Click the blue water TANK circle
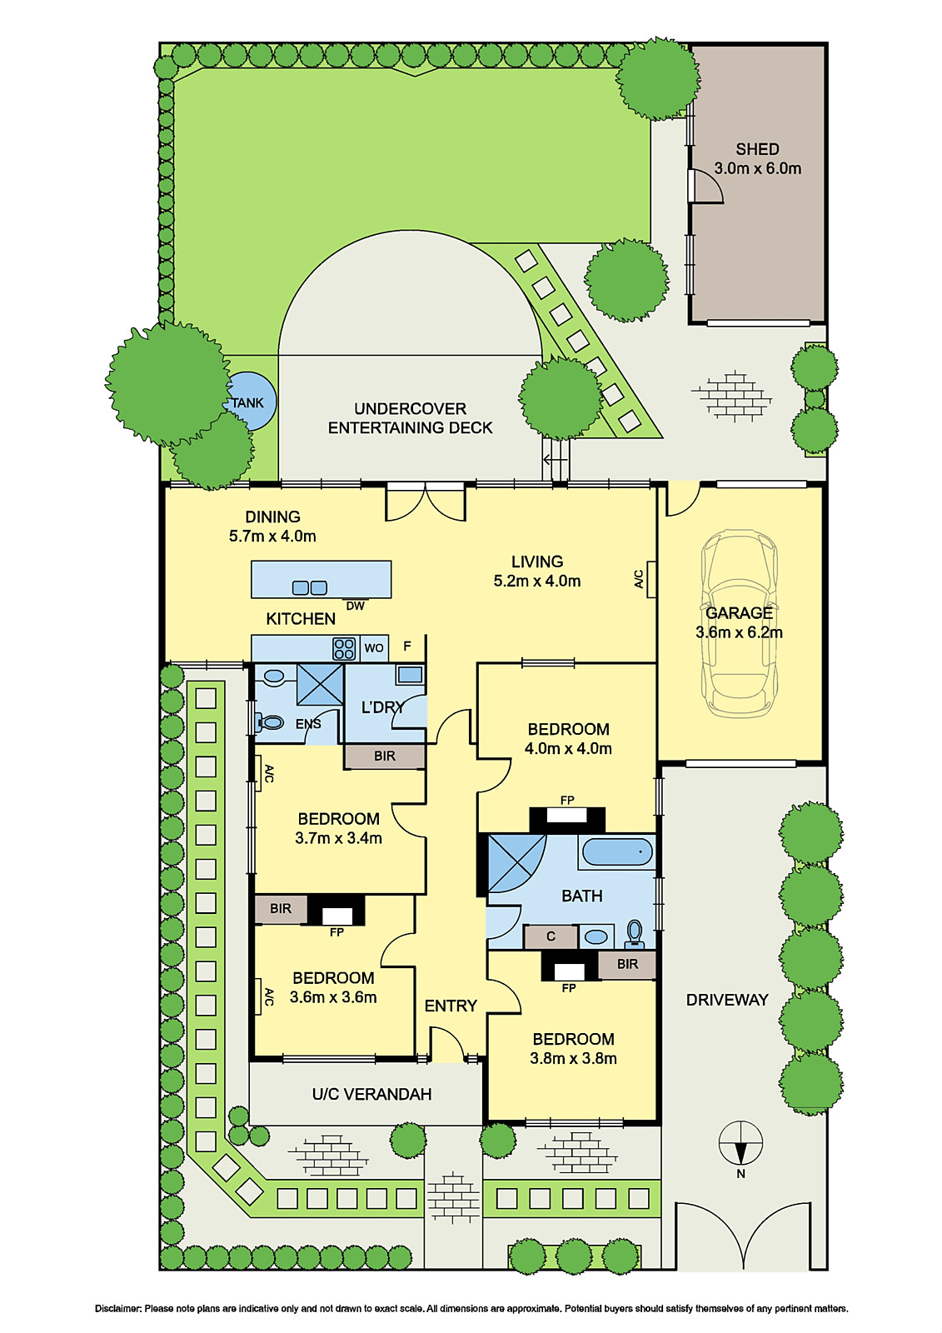(250, 401)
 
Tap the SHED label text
(757, 149)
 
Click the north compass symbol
(740, 1143)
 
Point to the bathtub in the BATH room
(616, 852)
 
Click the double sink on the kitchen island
(310, 587)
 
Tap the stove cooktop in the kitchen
(344, 648)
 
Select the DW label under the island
(356, 606)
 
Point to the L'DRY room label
(382, 707)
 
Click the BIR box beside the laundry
(385, 756)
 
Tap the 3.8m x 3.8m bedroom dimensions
(573, 1059)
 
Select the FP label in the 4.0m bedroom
(567, 800)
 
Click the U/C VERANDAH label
(371, 1094)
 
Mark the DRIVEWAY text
(726, 1000)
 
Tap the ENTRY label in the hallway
(451, 1006)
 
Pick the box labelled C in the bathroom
(551, 936)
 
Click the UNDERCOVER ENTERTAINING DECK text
(410, 418)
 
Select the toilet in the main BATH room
(635, 934)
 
